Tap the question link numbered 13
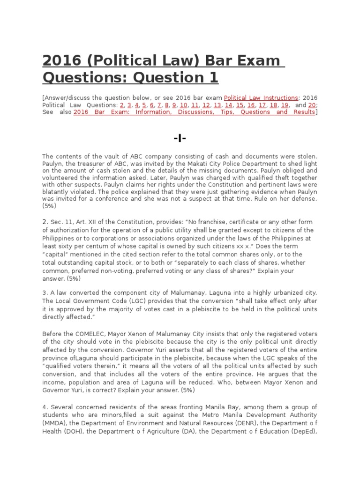click(217, 105)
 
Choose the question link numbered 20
click(312, 105)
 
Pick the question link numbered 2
click(122, 105)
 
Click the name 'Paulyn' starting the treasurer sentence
click(52, 164)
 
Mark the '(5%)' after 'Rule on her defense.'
click(49, 206)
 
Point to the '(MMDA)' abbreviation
click(52, 422)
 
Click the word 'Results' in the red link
click(303, 112)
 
